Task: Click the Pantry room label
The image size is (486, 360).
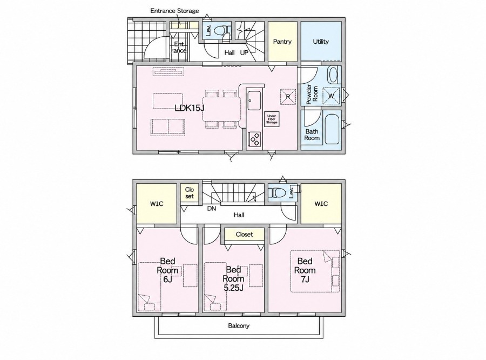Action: (x=282, y=42)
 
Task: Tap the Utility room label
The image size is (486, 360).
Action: (x=321, y=41)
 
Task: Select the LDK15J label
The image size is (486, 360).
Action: (x=189, y=108)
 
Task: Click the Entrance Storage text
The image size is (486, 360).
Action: (x=174, y=11)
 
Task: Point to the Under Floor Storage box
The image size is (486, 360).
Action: (x=272, y=119)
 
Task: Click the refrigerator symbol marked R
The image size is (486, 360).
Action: (x=288, y=97)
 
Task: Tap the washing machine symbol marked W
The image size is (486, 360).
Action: (x=331, y=96)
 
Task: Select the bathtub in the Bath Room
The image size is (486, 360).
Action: (x=332, y=129)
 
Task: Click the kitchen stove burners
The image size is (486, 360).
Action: (x=255, y=139)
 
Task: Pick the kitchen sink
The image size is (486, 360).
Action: (x=254, y=100)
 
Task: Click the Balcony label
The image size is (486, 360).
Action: (x=239, y=326)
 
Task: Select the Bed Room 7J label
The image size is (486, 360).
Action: (x=305, y=270)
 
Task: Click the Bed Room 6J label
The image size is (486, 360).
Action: (x=167, y=270)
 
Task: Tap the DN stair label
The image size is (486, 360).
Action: (x=212, y=209)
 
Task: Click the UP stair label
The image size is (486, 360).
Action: (x=244, y=53)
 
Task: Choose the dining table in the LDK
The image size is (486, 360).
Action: (x=221, y=109)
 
